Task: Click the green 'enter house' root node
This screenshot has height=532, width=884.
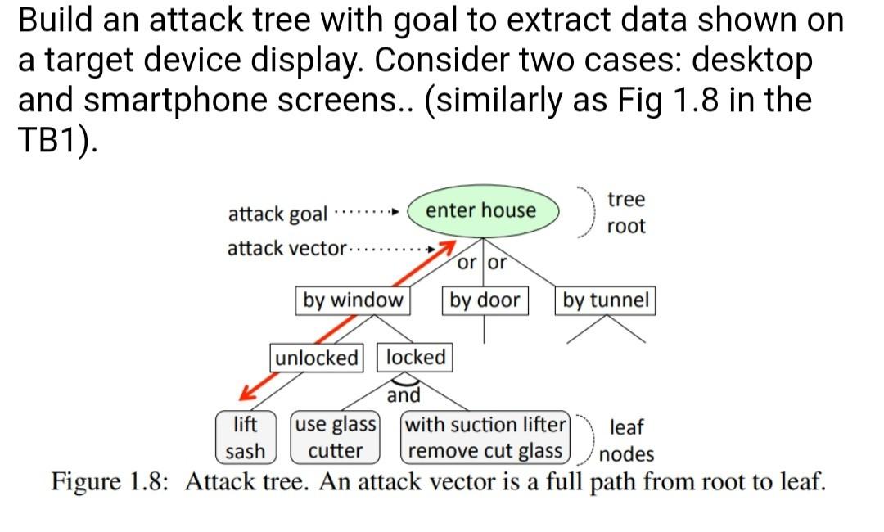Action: pyautogui.click(x=483, y=210)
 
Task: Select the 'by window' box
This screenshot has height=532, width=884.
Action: pyautogui.click(x=353, y=300)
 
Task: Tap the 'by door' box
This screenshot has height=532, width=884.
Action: pyautogui.click(x=485, y=300)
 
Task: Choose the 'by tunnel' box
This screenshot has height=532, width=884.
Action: pyautogui.click(x=606, y=300)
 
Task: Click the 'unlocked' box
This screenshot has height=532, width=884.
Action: pyautogui.click(x=317, y=358)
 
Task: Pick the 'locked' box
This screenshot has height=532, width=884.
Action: pyautogui.click(x=415, y=358)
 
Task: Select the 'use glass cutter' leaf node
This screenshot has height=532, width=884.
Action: pyautogui.click(x=336, y=438)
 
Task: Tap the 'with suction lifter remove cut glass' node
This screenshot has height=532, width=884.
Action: pyautogui.click(x=485, y=438)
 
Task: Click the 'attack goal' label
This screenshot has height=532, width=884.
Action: pyautogui.click(x=277, y=214)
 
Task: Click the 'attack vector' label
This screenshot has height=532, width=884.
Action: pyautogui.click(x=286, y=248)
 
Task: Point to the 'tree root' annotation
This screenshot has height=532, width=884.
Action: pyautogui.click(x=626, y=213)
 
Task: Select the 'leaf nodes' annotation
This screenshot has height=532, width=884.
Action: pyautogui.click(x=626, y=440)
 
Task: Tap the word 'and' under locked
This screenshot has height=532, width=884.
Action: pyautogui.click(x=404, y=396)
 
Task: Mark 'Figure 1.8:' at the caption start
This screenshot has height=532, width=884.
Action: pyautogui.click(x=110, y=480)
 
